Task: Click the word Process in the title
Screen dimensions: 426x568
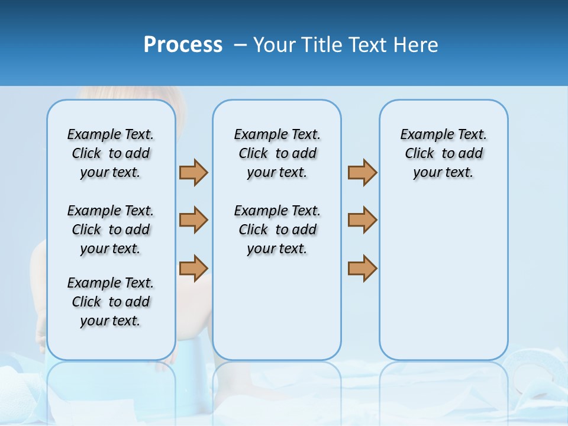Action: [x=183, y=45]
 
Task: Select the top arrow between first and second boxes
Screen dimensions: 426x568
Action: [x=193, y=172]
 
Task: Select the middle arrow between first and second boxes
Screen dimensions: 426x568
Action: [x=193, y=220]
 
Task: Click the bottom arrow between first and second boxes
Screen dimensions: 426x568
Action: [x=193, y=268]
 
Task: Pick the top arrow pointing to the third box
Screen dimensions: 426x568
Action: [x=362, y=172]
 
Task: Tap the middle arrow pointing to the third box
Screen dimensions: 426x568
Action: [x=362, y=220]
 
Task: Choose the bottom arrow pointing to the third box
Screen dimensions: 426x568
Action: [x=362, y=268]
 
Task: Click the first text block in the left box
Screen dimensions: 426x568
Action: [x=111, y=153]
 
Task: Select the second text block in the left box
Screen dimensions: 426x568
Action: [x=111, y=230]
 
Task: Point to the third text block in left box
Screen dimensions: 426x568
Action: [x=111, y=302]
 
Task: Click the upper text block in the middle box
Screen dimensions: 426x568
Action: [x=277, y=153]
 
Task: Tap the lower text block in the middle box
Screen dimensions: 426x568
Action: [x=277, y=230]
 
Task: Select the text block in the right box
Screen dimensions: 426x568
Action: [x=443, y=153]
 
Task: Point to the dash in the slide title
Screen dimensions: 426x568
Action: [x=240, y=45]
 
